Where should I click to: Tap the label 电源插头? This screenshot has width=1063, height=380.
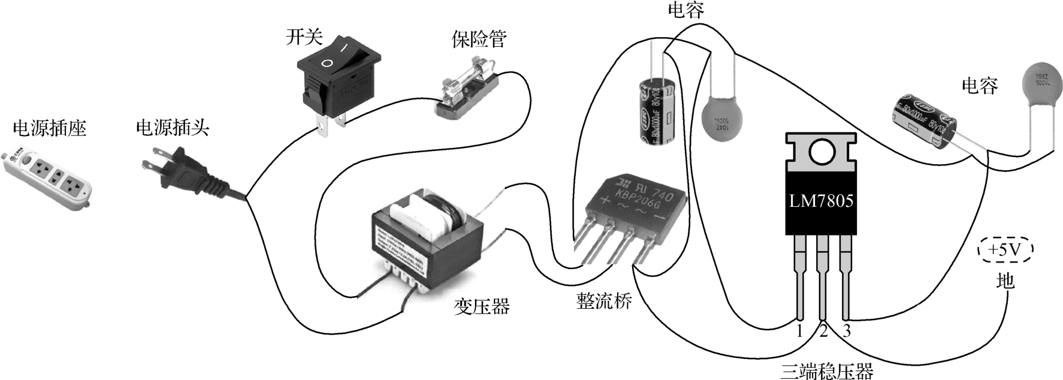173,128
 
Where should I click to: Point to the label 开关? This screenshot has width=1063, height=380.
304,37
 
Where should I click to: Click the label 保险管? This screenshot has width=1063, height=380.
479,39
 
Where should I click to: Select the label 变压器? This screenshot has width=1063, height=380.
481,307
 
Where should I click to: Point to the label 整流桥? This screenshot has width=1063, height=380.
603,301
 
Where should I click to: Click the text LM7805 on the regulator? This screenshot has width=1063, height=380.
821,200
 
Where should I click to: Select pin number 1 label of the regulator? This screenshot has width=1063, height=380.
799,331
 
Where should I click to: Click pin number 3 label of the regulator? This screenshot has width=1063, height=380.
847,331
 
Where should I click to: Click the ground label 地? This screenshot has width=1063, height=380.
1005,281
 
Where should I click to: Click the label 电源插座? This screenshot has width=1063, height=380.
50,128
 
